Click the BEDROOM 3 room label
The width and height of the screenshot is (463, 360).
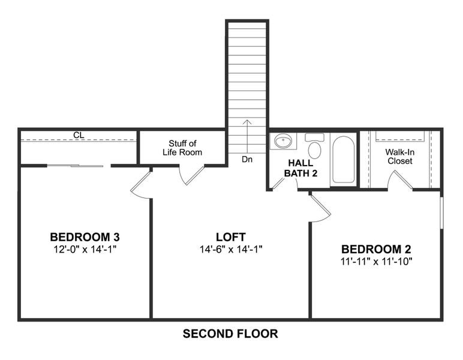click(88, 236)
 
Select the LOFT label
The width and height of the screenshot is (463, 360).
click(231, 236)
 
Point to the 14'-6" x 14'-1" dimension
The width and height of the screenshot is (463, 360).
click(231, 248)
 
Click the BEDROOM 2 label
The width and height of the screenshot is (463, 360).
click(376, 248)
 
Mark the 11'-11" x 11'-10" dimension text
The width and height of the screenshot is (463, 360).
click(376, 261)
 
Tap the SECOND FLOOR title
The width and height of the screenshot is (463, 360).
click(230, 334)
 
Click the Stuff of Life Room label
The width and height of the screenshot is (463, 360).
click(182, 148)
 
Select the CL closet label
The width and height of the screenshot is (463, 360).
click(79, 136)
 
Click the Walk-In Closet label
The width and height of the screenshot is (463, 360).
click(399, 156)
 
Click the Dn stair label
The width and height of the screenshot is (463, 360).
click(247, 160)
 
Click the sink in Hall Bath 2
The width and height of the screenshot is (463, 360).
click(284, 142)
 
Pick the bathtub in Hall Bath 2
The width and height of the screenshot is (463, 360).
click(343, 159)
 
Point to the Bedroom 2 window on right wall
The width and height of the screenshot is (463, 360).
click(441, 210)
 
